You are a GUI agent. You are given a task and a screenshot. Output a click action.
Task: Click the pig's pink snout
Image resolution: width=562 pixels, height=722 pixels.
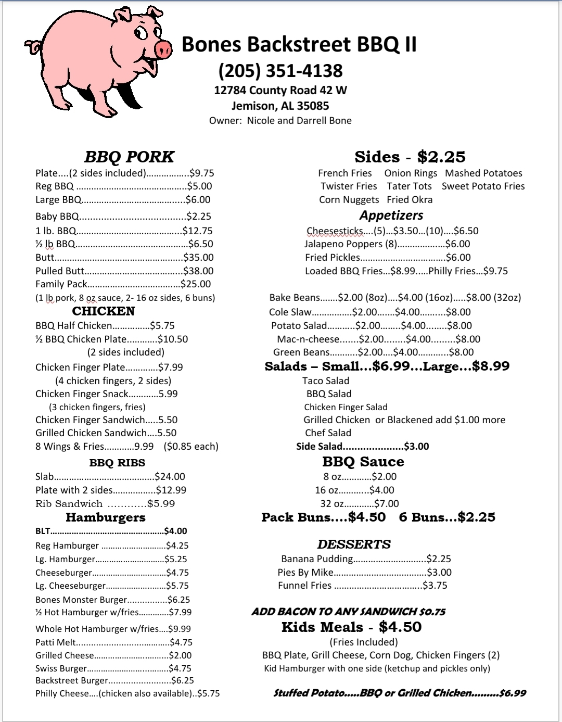163,49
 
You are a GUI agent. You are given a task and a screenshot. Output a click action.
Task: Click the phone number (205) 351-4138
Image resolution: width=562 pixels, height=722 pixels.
280,71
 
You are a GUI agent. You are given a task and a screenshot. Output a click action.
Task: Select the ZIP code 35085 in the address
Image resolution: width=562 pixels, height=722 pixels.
312,106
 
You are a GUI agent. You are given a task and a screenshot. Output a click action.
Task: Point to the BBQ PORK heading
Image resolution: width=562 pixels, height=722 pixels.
129,157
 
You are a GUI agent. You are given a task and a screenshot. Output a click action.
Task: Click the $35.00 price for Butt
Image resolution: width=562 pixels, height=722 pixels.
199,257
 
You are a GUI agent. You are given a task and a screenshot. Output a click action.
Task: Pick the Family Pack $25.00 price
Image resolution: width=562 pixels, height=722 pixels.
196,284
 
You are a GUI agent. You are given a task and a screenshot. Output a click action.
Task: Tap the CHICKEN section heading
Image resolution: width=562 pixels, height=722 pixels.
104,311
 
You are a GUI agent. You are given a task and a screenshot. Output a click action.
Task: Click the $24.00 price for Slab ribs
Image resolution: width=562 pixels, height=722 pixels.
170,476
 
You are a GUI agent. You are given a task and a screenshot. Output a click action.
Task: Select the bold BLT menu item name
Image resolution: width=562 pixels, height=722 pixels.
43,531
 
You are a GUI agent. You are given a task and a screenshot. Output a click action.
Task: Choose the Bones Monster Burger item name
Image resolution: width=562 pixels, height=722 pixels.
81,600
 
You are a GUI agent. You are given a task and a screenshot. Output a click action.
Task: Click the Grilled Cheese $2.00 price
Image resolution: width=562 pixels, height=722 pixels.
180,655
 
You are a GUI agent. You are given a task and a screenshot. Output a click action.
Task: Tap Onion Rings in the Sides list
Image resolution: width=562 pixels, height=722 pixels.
411,173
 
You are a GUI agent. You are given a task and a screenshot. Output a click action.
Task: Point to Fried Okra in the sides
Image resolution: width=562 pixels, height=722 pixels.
410,200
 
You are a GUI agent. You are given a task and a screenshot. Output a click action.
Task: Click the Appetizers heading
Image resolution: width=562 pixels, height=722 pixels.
391,216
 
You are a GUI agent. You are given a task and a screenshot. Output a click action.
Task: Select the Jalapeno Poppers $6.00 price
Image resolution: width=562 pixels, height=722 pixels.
457,244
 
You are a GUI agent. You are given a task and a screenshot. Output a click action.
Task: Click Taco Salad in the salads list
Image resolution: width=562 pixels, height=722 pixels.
326,381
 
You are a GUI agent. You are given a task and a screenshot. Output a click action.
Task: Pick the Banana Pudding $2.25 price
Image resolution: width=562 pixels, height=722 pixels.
439,559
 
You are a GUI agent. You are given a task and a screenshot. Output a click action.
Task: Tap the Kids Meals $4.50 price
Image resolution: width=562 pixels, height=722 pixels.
400,627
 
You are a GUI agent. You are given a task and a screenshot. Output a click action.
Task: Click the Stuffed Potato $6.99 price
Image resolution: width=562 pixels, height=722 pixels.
513,693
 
